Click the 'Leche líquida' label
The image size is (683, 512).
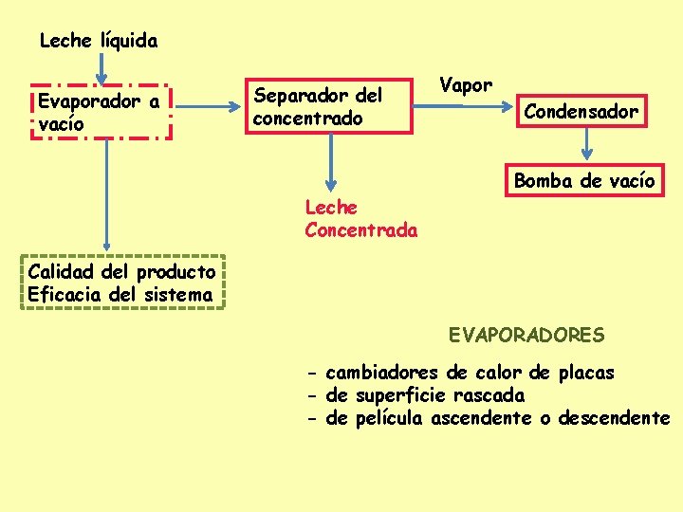tap(99, 41)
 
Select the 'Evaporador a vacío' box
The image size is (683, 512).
tap(101, 112)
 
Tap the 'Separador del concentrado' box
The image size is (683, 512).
tap(331, 106)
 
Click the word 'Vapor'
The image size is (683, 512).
tap(466, 84)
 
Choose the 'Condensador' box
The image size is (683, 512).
tap(581, 112)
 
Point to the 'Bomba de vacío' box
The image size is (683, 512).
tap(584, 180)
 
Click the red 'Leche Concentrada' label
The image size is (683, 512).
tap(360, 218)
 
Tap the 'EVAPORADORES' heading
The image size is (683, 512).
tap(526, 335)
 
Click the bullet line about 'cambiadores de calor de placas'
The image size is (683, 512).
tap(461, 373)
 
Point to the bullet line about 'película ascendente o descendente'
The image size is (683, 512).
tap(489, 418)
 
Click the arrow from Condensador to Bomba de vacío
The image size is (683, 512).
tap(587, 145)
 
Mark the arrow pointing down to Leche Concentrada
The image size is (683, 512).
tap(331, 161)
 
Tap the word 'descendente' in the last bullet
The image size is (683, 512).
tap(614, 418)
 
